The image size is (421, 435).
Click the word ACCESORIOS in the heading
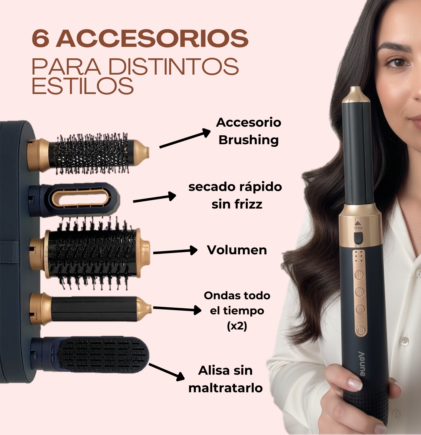[x=152, y=38]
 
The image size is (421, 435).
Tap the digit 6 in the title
[x=40, y=38]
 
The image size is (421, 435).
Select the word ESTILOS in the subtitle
[x=83, y=86]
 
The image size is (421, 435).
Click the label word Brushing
[x=248, y=140]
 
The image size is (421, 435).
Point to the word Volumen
[x=237, y=250]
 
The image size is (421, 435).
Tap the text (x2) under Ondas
[x=237, y=326]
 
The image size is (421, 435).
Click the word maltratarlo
[x=226, y=388]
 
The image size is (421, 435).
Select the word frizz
[x=248, y=204]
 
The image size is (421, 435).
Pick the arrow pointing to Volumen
[x=175, y=251]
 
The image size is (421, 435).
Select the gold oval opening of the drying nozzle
[x=81, y=198]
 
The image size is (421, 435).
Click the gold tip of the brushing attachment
[x=142, y=153]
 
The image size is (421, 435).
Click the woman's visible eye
[x=398, y=63]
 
